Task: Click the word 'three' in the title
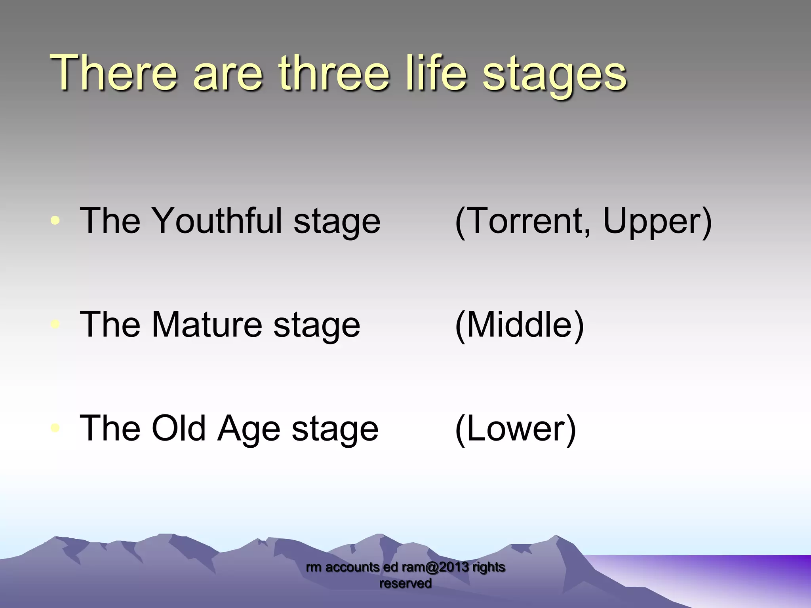point(334,73)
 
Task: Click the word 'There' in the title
point(113,73)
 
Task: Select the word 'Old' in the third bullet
point(178,428)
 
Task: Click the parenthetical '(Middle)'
point(519,325)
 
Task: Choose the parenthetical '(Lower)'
point(515,429)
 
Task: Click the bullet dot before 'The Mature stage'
point(56,324)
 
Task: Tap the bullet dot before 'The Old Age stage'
point(56,428)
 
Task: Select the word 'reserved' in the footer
point(405,583)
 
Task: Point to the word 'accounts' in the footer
point(352,567)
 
